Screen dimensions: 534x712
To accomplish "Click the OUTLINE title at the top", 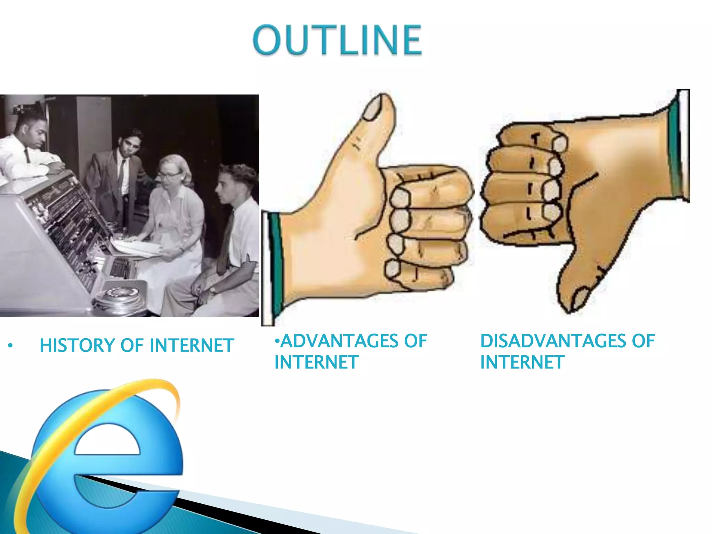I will (337, 40).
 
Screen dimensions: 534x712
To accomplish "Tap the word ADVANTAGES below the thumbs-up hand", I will (339, 341).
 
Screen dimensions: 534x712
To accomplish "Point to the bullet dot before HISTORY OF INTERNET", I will (10, 346).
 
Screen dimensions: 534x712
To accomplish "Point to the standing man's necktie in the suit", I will (122, 174).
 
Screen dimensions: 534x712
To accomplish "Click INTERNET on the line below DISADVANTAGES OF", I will (521, 363).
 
